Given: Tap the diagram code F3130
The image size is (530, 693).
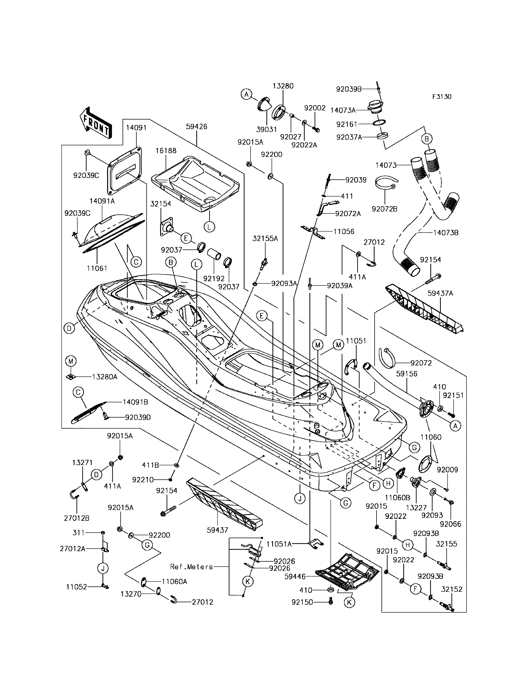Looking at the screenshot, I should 442,97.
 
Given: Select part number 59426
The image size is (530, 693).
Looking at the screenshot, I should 197,126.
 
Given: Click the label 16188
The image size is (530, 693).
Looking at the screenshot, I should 166,151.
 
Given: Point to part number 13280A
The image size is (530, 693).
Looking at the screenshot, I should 104,377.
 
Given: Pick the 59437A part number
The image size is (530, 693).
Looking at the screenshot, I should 440,293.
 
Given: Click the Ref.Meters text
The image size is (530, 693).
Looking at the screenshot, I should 192,567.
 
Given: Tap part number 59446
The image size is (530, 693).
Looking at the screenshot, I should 295,576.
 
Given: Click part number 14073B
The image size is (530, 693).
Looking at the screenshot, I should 446,233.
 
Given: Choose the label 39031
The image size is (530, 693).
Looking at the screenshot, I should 267,130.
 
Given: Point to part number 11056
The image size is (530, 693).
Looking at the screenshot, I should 344,232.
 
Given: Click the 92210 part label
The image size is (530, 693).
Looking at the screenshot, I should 143,480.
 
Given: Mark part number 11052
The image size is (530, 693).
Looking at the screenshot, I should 76,587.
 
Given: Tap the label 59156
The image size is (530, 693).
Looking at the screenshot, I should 407,374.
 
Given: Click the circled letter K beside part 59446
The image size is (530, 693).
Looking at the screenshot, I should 349,602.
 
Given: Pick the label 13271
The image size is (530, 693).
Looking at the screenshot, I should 82,463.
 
